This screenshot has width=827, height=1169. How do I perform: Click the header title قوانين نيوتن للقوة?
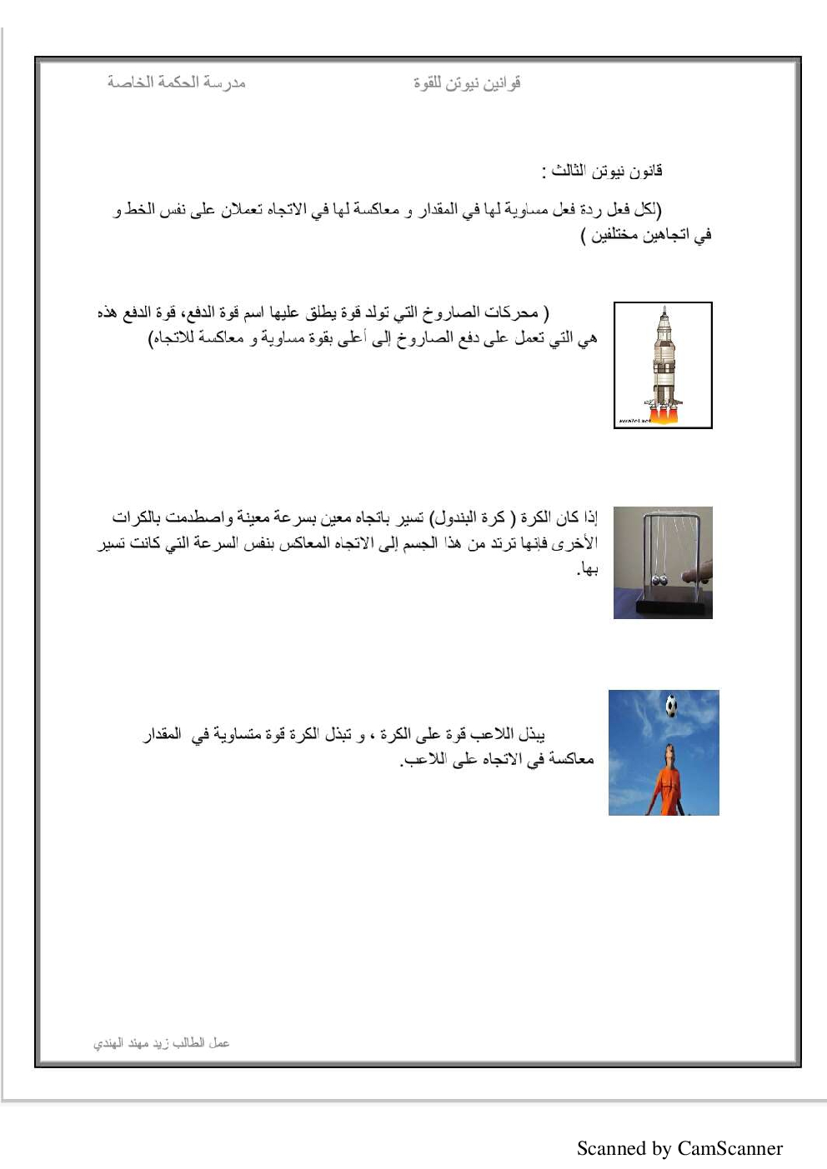(x=467, y=82)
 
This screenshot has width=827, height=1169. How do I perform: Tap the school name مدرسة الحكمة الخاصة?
(x=176, y=82)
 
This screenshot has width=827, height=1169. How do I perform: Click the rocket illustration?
(x=663, y=365)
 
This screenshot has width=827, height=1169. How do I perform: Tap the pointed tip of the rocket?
(x=664, y=310)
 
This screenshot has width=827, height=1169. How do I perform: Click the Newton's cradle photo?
(x=663, y=562)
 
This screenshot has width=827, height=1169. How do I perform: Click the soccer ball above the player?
(x=671, y=707)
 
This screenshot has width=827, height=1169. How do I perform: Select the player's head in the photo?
(x=667, y=754)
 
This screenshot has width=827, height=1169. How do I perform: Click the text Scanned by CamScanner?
(x=679, y=1148)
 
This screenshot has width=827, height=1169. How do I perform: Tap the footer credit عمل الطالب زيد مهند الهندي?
(x=161, y=1042)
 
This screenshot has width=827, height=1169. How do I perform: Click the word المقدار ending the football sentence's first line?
(x=163, y=734)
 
